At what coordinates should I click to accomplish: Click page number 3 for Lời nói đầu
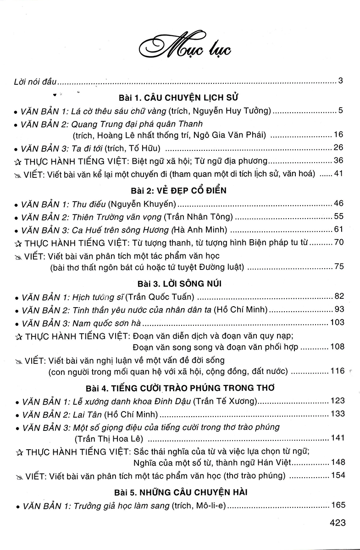point(340,82)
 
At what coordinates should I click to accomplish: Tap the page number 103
point(337,322)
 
